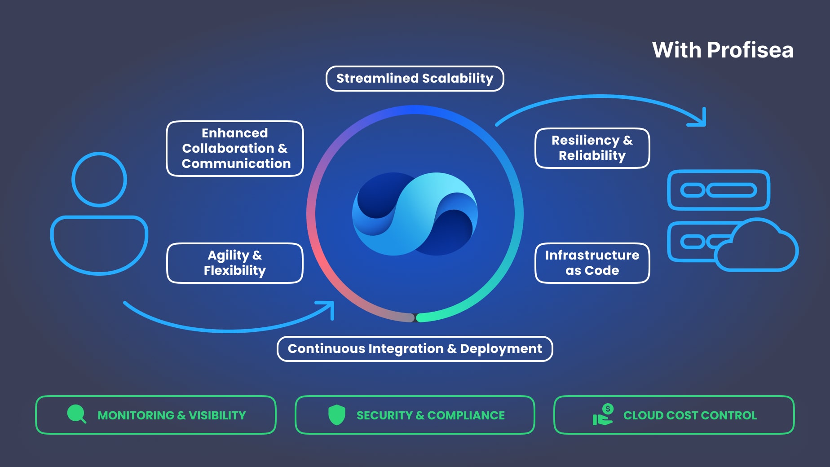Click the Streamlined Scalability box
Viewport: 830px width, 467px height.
coord(415,79)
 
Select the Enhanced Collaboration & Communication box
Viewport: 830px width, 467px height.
coord(235,149)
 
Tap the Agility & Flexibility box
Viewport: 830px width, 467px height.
coord(235,263)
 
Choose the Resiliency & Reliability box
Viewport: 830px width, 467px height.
coord(592,148)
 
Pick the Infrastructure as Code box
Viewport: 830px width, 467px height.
coord(592,263)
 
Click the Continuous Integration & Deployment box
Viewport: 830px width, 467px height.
coord(415,349)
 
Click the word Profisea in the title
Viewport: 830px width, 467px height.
coord(750,50)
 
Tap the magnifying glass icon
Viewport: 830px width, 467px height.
coord(77,414)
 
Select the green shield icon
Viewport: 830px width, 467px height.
coord(336,414)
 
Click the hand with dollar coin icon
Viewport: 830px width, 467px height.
coord(603,414)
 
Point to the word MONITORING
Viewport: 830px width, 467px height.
coord(136,415)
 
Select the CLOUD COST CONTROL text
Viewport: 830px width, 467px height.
coord(690,415)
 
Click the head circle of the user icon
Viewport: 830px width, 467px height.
coord(99,180)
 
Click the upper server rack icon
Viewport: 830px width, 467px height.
coord(719,190)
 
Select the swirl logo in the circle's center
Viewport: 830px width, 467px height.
coord(415,214)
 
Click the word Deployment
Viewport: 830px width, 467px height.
coord(501,349)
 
